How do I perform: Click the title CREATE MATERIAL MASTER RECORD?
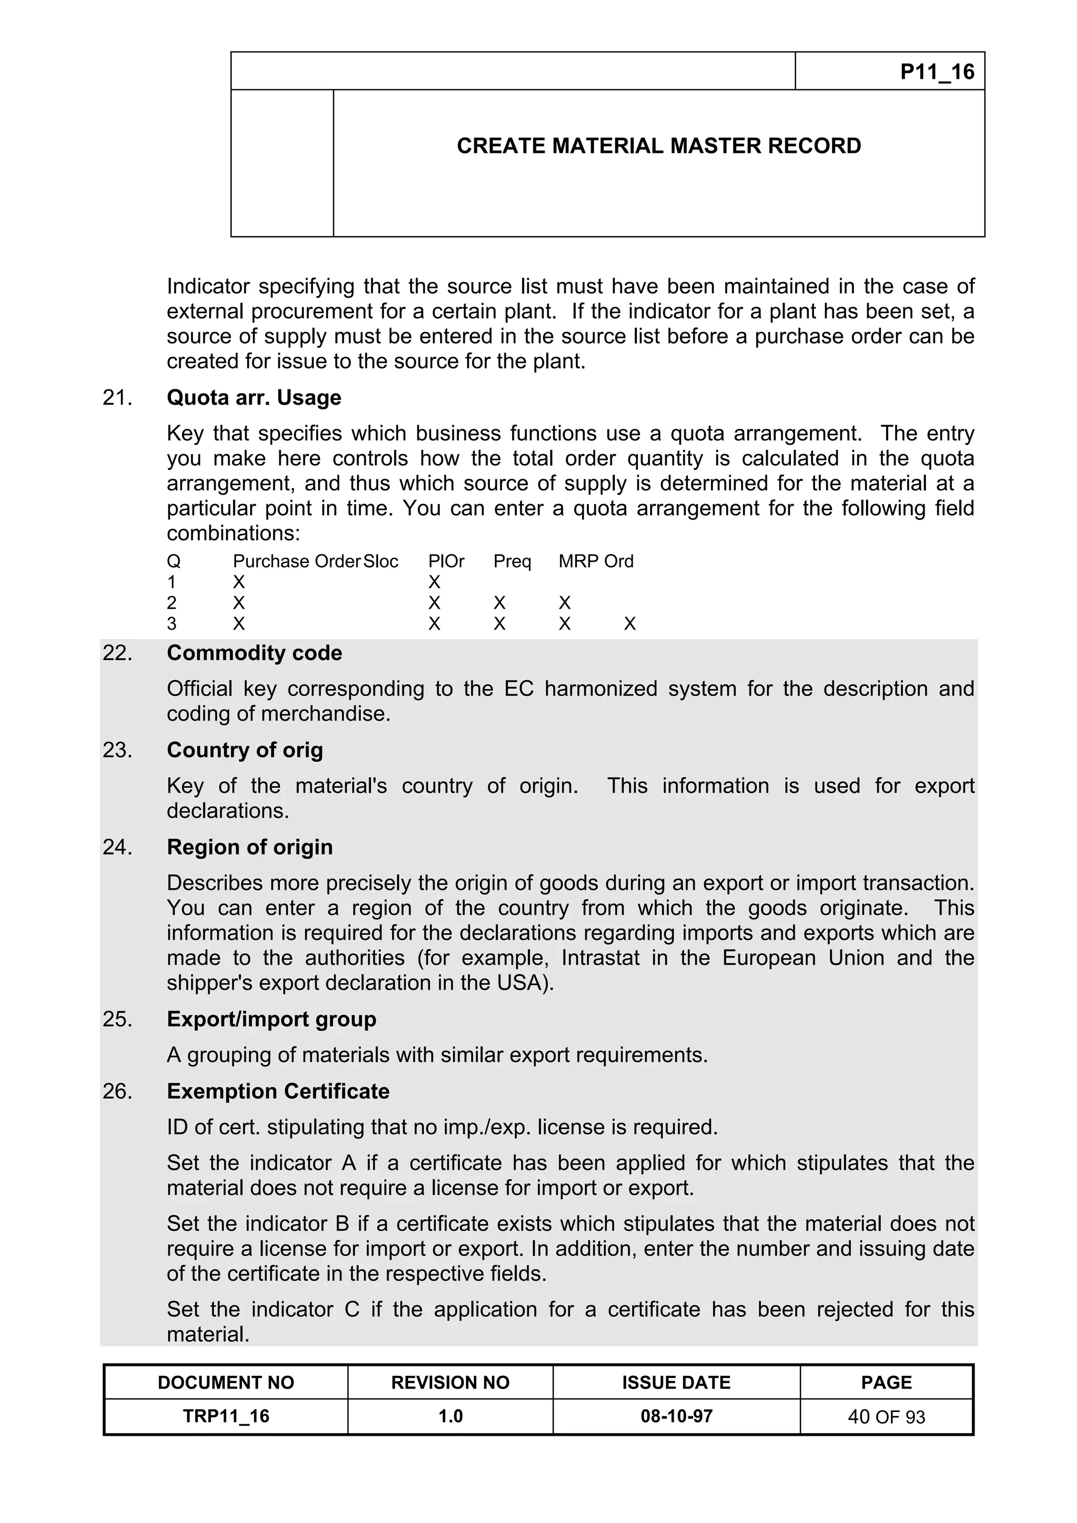click(658, 146)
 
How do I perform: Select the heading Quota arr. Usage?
click(253, 397)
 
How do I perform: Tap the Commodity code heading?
click(254, 653)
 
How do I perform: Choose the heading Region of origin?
click(249, 847)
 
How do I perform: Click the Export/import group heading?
click(271, 1019)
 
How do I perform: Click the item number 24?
click(117, 847)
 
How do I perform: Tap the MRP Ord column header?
click(595, 561)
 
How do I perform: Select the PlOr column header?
click(446, 561)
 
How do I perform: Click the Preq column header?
click(512, 561)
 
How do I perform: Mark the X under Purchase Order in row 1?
click(239, 582)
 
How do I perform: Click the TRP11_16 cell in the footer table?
click(226, 1416)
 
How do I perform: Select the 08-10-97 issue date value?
click(676, 1416)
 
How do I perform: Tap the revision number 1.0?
click(450, 1416)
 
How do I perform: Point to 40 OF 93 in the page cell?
click(886, 1417)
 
